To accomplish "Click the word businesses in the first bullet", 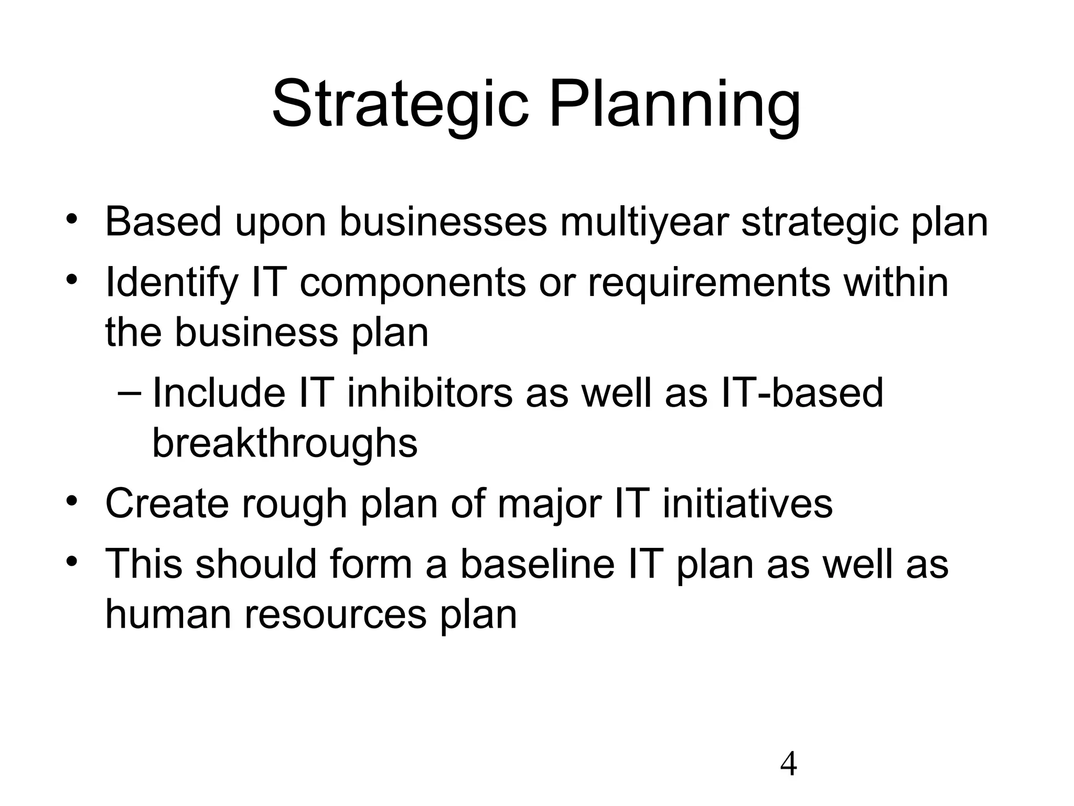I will point(443,222).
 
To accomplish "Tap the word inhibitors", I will point(429,394).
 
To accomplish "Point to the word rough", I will point(294,504).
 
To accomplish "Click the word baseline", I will point(536,564).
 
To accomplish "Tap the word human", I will point(168,614).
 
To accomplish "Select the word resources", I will point(335,614).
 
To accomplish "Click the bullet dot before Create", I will point(72,501).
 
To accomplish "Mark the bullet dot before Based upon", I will point(72,219).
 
